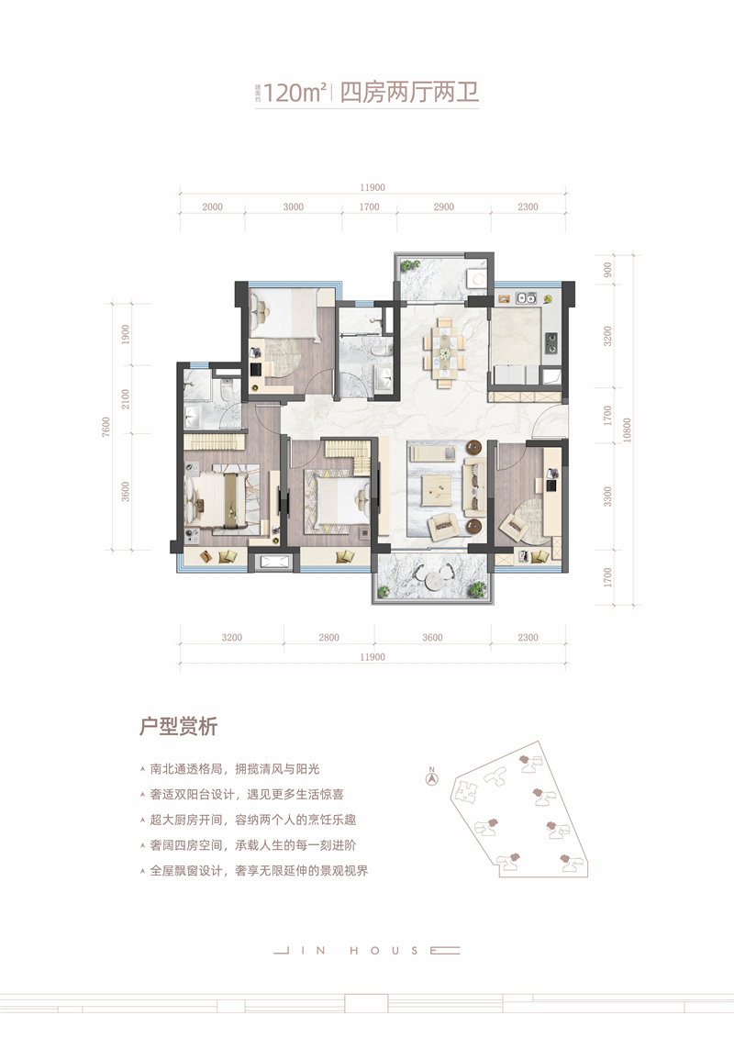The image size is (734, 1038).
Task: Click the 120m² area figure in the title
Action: (295, 93)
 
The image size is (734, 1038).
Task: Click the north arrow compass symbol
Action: (430, 778)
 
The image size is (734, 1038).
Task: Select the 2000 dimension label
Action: (212, 207)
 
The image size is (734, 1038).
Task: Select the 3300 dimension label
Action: (607, 496)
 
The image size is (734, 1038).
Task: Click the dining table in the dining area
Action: (445, 347)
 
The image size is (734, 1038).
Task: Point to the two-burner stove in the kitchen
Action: (553, 343)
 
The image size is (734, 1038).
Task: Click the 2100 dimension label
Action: (126, 399)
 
